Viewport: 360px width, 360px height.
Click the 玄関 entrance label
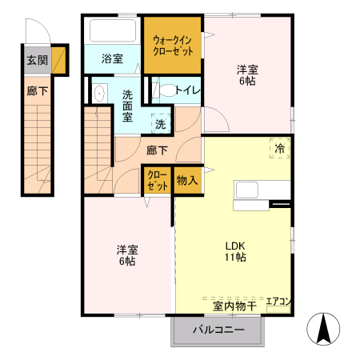37,59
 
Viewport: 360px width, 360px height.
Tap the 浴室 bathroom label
112,58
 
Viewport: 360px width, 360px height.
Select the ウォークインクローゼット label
173,45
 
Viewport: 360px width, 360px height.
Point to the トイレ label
187,90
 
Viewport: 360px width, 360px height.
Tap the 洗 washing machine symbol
161,124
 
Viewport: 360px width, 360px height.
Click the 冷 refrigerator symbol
279,148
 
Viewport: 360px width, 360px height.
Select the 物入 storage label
186,181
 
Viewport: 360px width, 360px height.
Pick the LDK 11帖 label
234,251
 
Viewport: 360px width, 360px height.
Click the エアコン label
278,302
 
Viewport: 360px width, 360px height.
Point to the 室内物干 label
234,306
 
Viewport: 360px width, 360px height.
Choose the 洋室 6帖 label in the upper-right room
247,74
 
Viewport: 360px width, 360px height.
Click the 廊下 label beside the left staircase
37,91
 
